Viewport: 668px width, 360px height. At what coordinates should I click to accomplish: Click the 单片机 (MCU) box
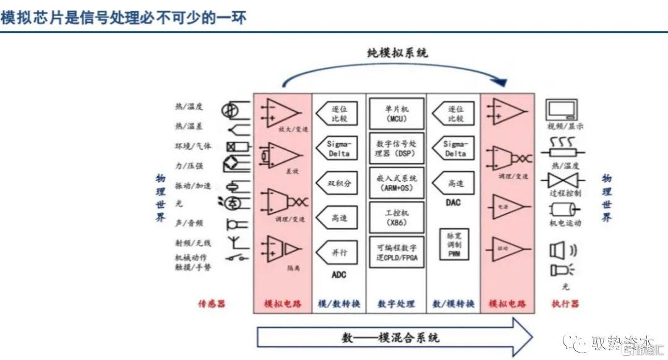(x=396, y=112)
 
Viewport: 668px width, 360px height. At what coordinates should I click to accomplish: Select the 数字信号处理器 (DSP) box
(x=396, y=148)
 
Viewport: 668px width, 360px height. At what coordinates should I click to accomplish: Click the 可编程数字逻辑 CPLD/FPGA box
(x=396, y=252)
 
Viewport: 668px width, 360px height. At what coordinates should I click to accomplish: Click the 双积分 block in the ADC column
(x=338, y=183)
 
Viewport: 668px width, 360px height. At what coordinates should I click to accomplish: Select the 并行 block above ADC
(x=338, y=252)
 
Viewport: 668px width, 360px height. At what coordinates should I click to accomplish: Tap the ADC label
(x=339, y=275)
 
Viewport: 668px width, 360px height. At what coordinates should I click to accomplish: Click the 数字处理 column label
(x=396, y=304)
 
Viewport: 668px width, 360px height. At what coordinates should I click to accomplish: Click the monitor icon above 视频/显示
(x=562, y=110)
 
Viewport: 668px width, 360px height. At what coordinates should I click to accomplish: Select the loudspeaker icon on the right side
(x=559, y=250)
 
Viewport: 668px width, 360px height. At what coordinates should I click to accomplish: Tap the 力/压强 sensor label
(x=189, y=166)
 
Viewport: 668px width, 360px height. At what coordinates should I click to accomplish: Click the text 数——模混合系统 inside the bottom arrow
(x=391, y=338)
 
